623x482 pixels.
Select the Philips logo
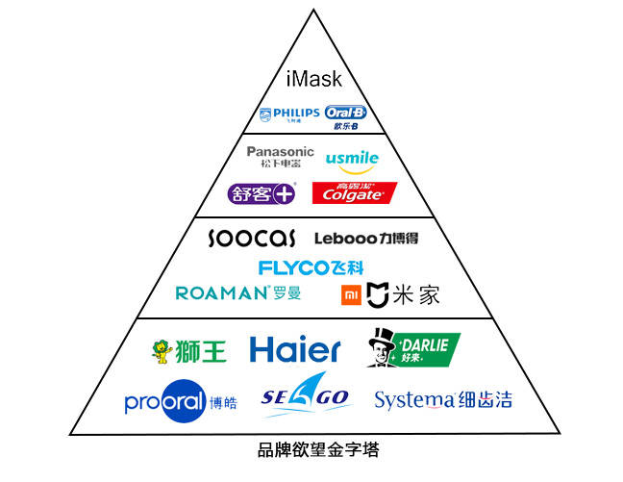click(x=289, y=116)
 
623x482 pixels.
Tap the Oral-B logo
click(x=346, y=116)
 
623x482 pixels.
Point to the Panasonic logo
click(x=280, y=157)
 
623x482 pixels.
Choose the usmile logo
click(x=352, y=159)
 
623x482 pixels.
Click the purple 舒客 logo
click(x=261, y=192)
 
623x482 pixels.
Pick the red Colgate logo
click(x=354, y=192)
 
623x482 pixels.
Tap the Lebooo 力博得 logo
click(x=366, y=238)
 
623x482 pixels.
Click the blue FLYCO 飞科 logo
click(x=311, y=267)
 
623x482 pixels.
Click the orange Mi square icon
click(x=353, y=295)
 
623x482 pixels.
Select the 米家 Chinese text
click(x=415, y=295)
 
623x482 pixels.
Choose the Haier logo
click(x=294, y=350)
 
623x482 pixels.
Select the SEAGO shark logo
click(x=306, y=397)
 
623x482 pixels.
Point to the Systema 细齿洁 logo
click(x=442, y=399)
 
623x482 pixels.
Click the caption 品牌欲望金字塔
click(x=312, y=448)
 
